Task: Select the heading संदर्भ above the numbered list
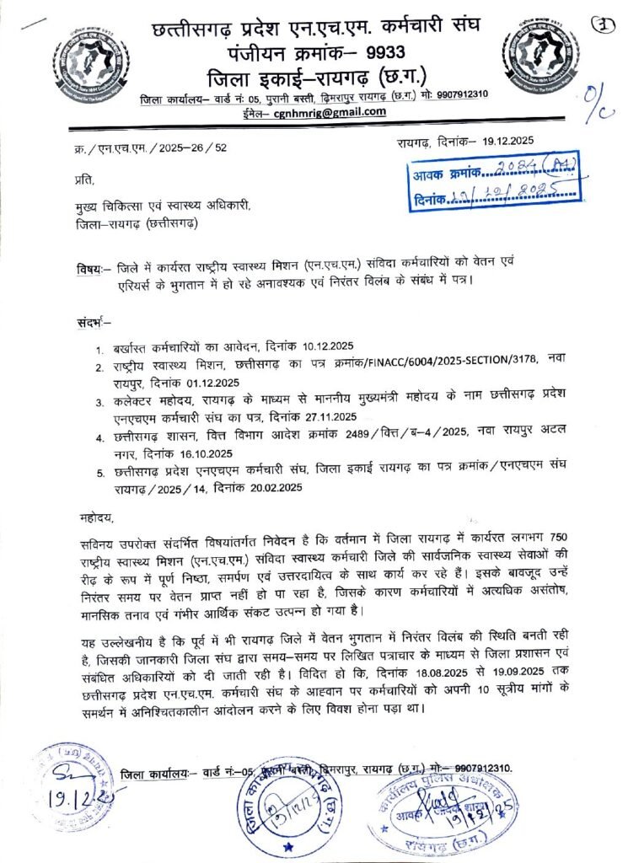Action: coord(93,322)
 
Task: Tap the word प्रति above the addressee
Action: coord(85,180)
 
